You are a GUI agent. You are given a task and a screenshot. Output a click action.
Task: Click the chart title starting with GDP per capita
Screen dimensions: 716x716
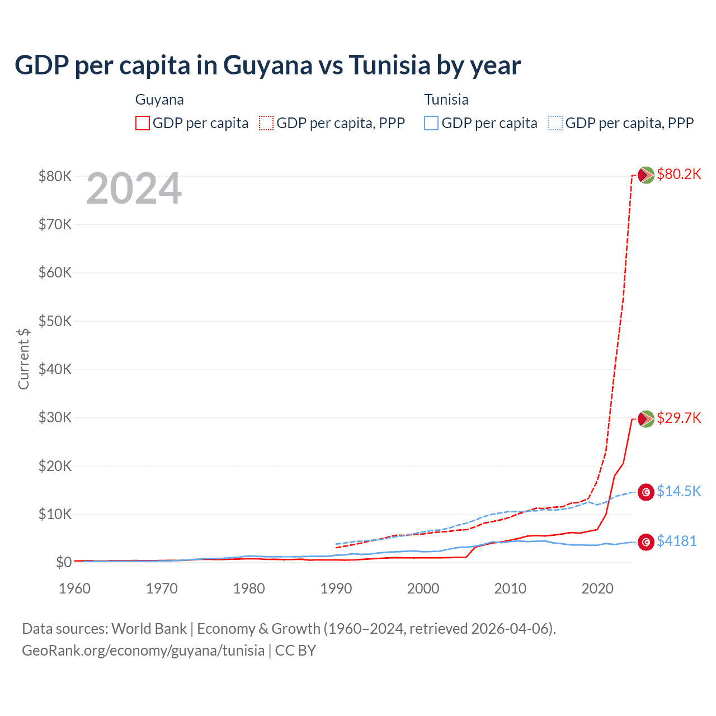(x=267, y=65)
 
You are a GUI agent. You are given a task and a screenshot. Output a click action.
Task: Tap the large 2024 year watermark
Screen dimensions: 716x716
(x=134, y=189)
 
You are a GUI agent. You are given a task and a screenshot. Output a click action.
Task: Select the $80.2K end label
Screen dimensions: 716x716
(x=679, y=174)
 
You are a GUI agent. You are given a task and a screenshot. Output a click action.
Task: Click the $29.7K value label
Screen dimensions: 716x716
(x=679, y=418)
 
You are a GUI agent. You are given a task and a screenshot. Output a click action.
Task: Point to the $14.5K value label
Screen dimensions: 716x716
(x=679, y=491)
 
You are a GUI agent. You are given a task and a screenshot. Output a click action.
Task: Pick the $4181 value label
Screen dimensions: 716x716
(x=676, y=541)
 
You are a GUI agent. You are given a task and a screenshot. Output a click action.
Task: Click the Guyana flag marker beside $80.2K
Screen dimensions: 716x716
(x=646, y=175)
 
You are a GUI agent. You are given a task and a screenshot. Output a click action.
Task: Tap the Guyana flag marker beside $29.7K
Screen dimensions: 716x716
(x=646, y=419)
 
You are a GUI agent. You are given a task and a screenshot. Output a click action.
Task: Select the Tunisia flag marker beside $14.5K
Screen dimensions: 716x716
(x=646, y=492)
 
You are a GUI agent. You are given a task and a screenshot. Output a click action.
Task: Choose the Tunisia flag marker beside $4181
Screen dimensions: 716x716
(x=646, y=542)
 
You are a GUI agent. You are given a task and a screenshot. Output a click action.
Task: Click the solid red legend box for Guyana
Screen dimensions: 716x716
(x=143, y=123)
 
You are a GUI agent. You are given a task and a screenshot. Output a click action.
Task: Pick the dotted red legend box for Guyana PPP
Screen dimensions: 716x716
(x=266, y=123)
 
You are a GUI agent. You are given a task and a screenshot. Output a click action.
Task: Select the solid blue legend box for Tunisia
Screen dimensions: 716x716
(x=431, y=123)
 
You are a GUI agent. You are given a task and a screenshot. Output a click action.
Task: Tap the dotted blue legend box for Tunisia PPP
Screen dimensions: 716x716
(x=555, y=123)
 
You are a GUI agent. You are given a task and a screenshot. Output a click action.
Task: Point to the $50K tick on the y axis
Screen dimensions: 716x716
(x=55, y=321)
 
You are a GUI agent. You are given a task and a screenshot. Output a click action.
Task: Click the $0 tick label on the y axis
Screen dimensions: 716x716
(x=63, y=562)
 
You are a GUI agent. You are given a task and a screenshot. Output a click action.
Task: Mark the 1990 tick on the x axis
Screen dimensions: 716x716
(x=336, y=588)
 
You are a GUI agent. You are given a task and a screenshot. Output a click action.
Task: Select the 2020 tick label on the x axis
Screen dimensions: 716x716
(x=597, y=588)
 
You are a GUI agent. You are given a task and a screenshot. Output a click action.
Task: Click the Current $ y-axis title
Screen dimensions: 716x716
(x=23, y=359)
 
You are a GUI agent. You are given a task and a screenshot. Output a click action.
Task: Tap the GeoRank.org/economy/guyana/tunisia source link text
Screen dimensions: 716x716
(x=143, y=651)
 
